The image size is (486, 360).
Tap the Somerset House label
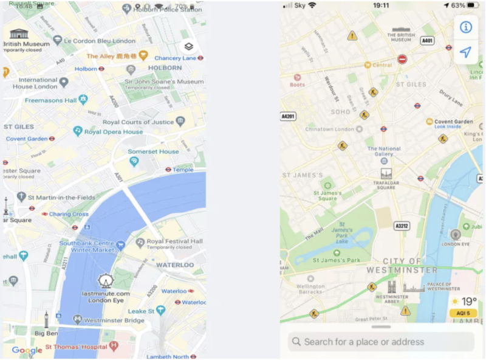[153, 151]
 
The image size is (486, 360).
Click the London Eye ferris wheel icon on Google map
[106, 281]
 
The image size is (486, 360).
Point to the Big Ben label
[46, 333]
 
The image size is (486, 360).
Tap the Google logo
[27, 350]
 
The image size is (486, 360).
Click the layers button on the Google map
[188, 47]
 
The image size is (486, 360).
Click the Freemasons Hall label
[51, 100]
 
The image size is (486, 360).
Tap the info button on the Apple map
[465, 27]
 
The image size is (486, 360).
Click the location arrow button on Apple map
[465, 53]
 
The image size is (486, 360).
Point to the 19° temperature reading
[468, 302]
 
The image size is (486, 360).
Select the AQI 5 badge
[463, 313]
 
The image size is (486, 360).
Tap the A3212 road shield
[402, 226]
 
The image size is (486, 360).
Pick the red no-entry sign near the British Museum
[402, 59]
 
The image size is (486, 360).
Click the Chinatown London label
[329, 130]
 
